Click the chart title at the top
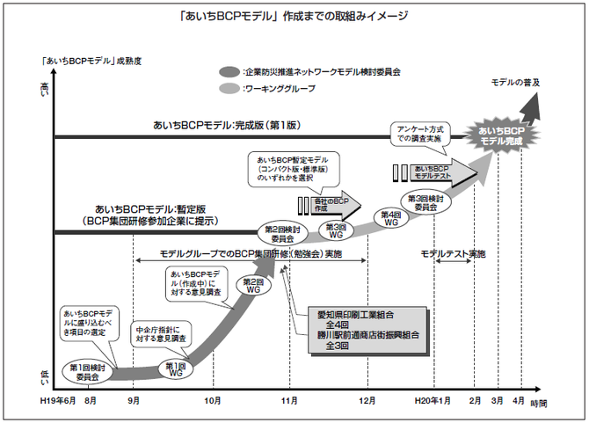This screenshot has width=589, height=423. tap(294, 16)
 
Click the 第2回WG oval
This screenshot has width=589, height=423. tap(253, 284)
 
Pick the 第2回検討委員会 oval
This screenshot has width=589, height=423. tap(280, 233)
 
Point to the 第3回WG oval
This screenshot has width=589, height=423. tap(336, 230)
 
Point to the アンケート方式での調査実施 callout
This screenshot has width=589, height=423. tap(418, 133)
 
